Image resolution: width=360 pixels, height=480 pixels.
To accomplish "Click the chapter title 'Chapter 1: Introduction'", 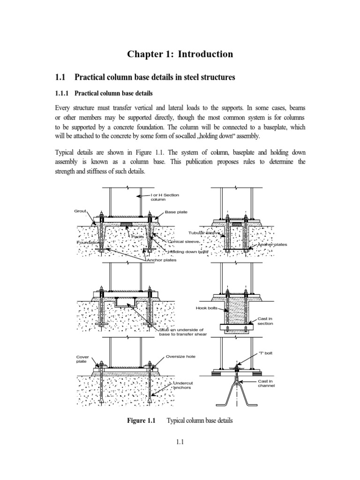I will (x=180, y=54).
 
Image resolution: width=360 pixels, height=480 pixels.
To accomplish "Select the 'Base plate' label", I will (x=176, y=212).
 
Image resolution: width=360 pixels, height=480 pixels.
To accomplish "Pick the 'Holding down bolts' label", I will (x=188, y=252).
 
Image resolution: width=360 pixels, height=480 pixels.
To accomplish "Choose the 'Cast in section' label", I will (x=265, y=321).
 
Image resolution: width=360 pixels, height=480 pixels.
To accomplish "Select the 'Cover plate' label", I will (x=82, y=359).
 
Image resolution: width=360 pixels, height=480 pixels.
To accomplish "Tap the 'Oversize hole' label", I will (x=181, y=357).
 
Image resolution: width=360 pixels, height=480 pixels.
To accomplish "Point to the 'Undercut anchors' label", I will (x=183, y=385).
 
